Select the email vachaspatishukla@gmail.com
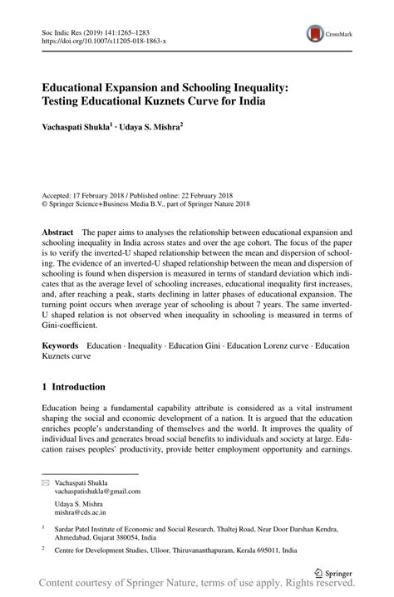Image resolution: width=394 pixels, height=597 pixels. coord(97,491)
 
